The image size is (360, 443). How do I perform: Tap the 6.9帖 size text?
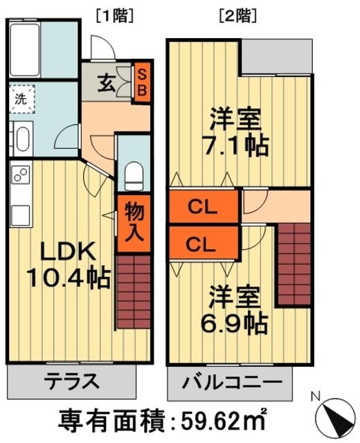(236, 323)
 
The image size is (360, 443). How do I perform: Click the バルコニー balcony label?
(233, 381)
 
